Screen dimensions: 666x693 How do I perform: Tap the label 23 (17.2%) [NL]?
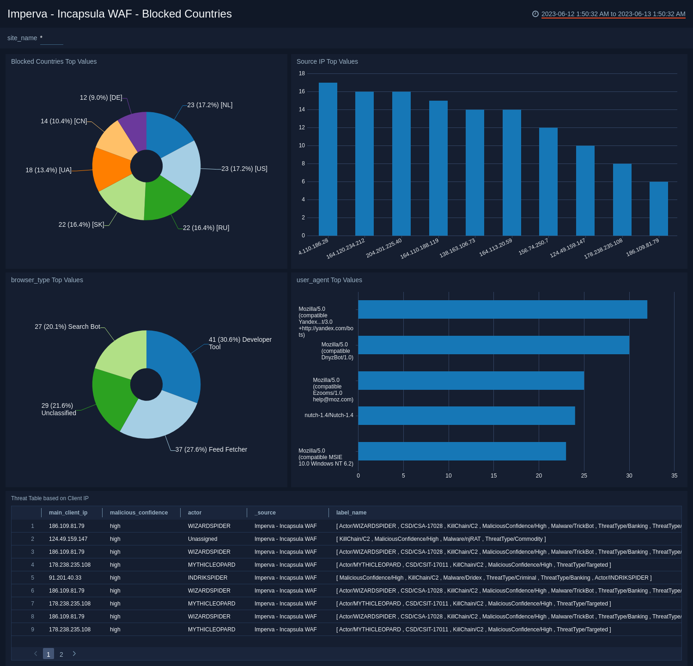pos(210,105)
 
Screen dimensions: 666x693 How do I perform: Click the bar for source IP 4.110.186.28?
pos(328,159)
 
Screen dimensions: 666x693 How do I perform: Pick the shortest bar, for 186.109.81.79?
pos(658,209)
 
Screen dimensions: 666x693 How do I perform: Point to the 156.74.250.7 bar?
pos(548,182)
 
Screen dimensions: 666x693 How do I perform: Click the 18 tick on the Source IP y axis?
pos(302,73)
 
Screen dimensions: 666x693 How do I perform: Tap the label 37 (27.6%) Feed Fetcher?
pos(211,449)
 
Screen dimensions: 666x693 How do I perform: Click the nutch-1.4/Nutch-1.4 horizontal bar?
pos(466,416)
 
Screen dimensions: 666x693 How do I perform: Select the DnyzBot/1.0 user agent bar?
pos(493,345)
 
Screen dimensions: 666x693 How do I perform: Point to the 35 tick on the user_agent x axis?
pos(674,476)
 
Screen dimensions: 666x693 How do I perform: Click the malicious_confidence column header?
pos(139,513)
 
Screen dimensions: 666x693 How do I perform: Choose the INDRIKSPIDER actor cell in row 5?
pos(207,578)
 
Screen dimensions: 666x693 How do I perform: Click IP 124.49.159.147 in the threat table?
pos(68,539)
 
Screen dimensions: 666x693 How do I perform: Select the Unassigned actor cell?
pos(202,539)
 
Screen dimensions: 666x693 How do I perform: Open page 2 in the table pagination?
pos(61,654)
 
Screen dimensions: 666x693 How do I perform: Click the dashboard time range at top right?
pos(613,14)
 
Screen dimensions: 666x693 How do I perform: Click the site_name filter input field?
pos(52,39)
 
